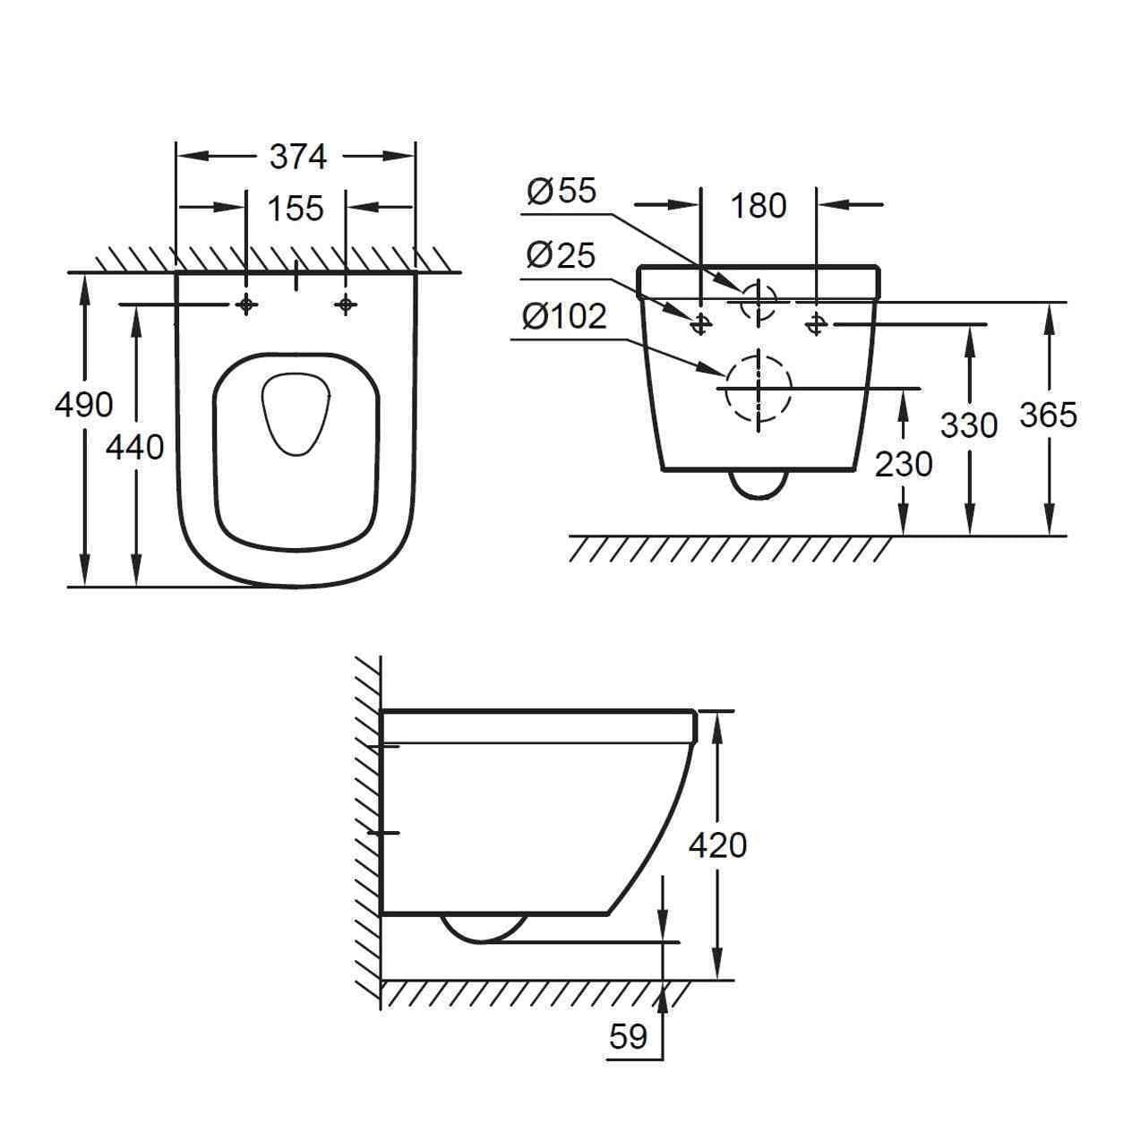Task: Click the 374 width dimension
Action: [x=298, y=157]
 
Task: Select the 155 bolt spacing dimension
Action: [x=296, y=208]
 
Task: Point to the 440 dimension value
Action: [x=135, y=445]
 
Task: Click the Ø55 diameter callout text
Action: [x=562, y=190]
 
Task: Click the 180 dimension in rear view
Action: [x=758, y=205]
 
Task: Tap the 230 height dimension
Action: [x=904, y=463]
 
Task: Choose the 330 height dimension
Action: [x=969, y=424]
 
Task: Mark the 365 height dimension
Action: [x=1048, y=414]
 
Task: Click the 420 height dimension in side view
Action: [x=717, y=844]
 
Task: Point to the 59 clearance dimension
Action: [x=628, y=1035]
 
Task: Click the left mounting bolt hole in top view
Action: [x=246, y=305]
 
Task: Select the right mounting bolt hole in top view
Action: [x=346, y=305]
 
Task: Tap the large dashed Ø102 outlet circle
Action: [x=759, y=388]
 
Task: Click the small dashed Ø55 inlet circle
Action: [x=759, y=300]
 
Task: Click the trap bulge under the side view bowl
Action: [x=485, y=928]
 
